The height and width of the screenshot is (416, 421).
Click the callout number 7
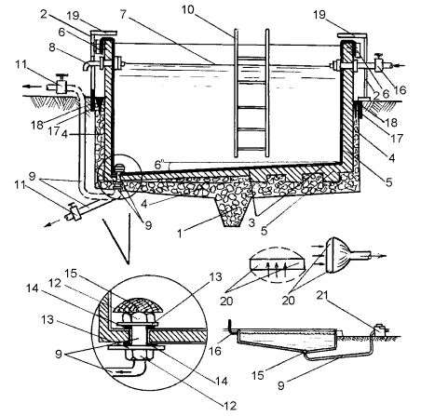124,15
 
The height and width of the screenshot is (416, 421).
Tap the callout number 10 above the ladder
188,9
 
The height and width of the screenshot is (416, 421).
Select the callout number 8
52,47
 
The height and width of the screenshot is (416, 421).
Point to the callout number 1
180,234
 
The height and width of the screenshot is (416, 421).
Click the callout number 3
251,222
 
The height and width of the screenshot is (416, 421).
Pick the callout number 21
322,296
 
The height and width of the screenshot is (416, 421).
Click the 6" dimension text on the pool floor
158,164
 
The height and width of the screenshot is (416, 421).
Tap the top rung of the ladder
251,58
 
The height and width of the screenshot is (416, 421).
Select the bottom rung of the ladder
251,149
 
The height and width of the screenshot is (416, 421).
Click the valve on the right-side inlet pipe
379,63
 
